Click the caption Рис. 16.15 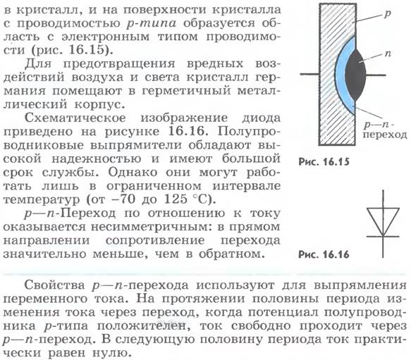pyautogui.click(x=324, y=161)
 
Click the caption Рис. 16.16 pyautogui.click(x=324, y=254)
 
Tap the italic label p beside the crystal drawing pyautogui.click(x=387, y=14)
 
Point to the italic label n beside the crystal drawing pyautogui.click(x=388, y=54)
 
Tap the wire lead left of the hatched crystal pyautogui.click(x=309, y=75)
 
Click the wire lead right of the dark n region pyautogui.click(x=376, y=75)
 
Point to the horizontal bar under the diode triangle pyautogui.click(x=383, y=237)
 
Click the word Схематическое pyautogui.click(x=75, y=118)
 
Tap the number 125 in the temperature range pyautogui.click(x=176, y=199)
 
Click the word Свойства pyautogui.click(x=54, y=285)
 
